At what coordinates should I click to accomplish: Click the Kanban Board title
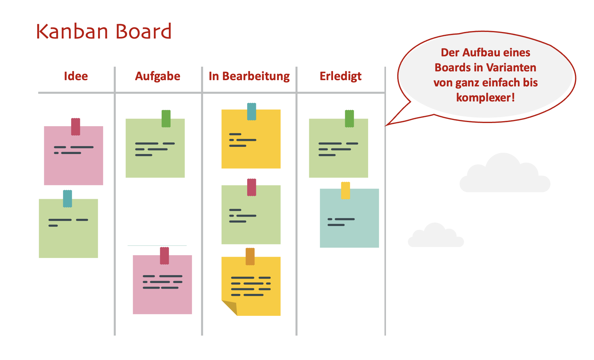point(104,31)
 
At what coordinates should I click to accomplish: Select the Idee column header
point(76,76)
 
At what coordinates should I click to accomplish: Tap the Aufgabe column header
point(158,76)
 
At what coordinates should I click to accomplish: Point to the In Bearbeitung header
point(249,76)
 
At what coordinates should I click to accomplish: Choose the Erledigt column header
point(341,76)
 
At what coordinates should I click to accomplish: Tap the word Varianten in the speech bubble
point(511,68)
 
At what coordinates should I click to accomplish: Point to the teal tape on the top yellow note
point(252,111)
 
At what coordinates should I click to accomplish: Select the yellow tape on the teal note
point(345,190)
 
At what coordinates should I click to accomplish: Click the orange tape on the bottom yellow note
point(250,256)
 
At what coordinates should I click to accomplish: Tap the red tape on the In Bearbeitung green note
point(252,187)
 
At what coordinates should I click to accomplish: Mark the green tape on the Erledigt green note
point(349,119)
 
